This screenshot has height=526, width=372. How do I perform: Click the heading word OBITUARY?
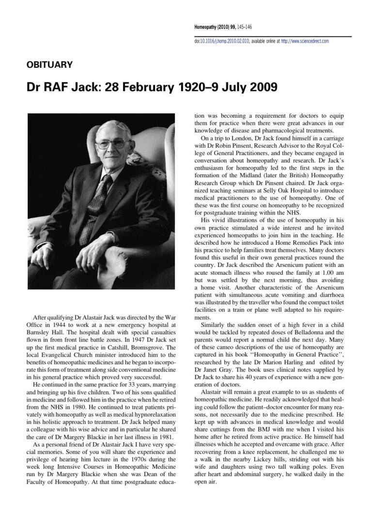click(46, 64)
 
